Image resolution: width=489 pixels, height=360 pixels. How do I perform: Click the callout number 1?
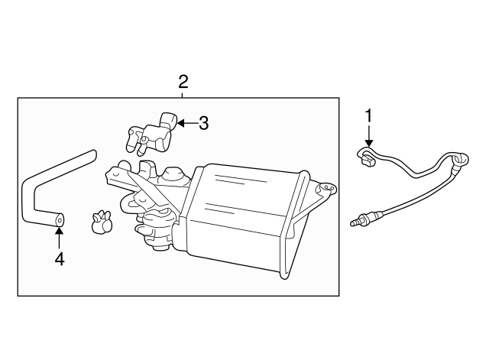click(369, 115)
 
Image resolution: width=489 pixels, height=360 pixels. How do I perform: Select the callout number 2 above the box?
click(183, 82)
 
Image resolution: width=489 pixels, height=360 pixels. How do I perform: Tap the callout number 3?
click(203, 123)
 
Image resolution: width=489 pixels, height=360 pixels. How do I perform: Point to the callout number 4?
click(60, 259)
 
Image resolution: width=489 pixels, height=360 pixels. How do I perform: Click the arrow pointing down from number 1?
click(369, 136)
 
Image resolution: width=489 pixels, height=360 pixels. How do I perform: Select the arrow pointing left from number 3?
click(186, 123)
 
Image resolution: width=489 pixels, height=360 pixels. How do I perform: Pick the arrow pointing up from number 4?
click(60, 238)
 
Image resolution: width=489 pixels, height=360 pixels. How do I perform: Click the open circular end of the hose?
click(60, 220)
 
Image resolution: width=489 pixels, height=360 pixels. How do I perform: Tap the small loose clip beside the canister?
click(101, 222)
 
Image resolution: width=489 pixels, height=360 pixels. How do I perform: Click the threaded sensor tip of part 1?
click(355, 222)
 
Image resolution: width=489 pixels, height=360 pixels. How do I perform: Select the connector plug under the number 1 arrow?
click(367, 159)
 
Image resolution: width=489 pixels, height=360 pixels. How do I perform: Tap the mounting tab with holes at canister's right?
click(327, 189)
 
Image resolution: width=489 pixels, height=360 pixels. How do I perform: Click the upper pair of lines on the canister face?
click(239, 179)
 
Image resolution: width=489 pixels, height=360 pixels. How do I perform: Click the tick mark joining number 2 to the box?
click(183, 95)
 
